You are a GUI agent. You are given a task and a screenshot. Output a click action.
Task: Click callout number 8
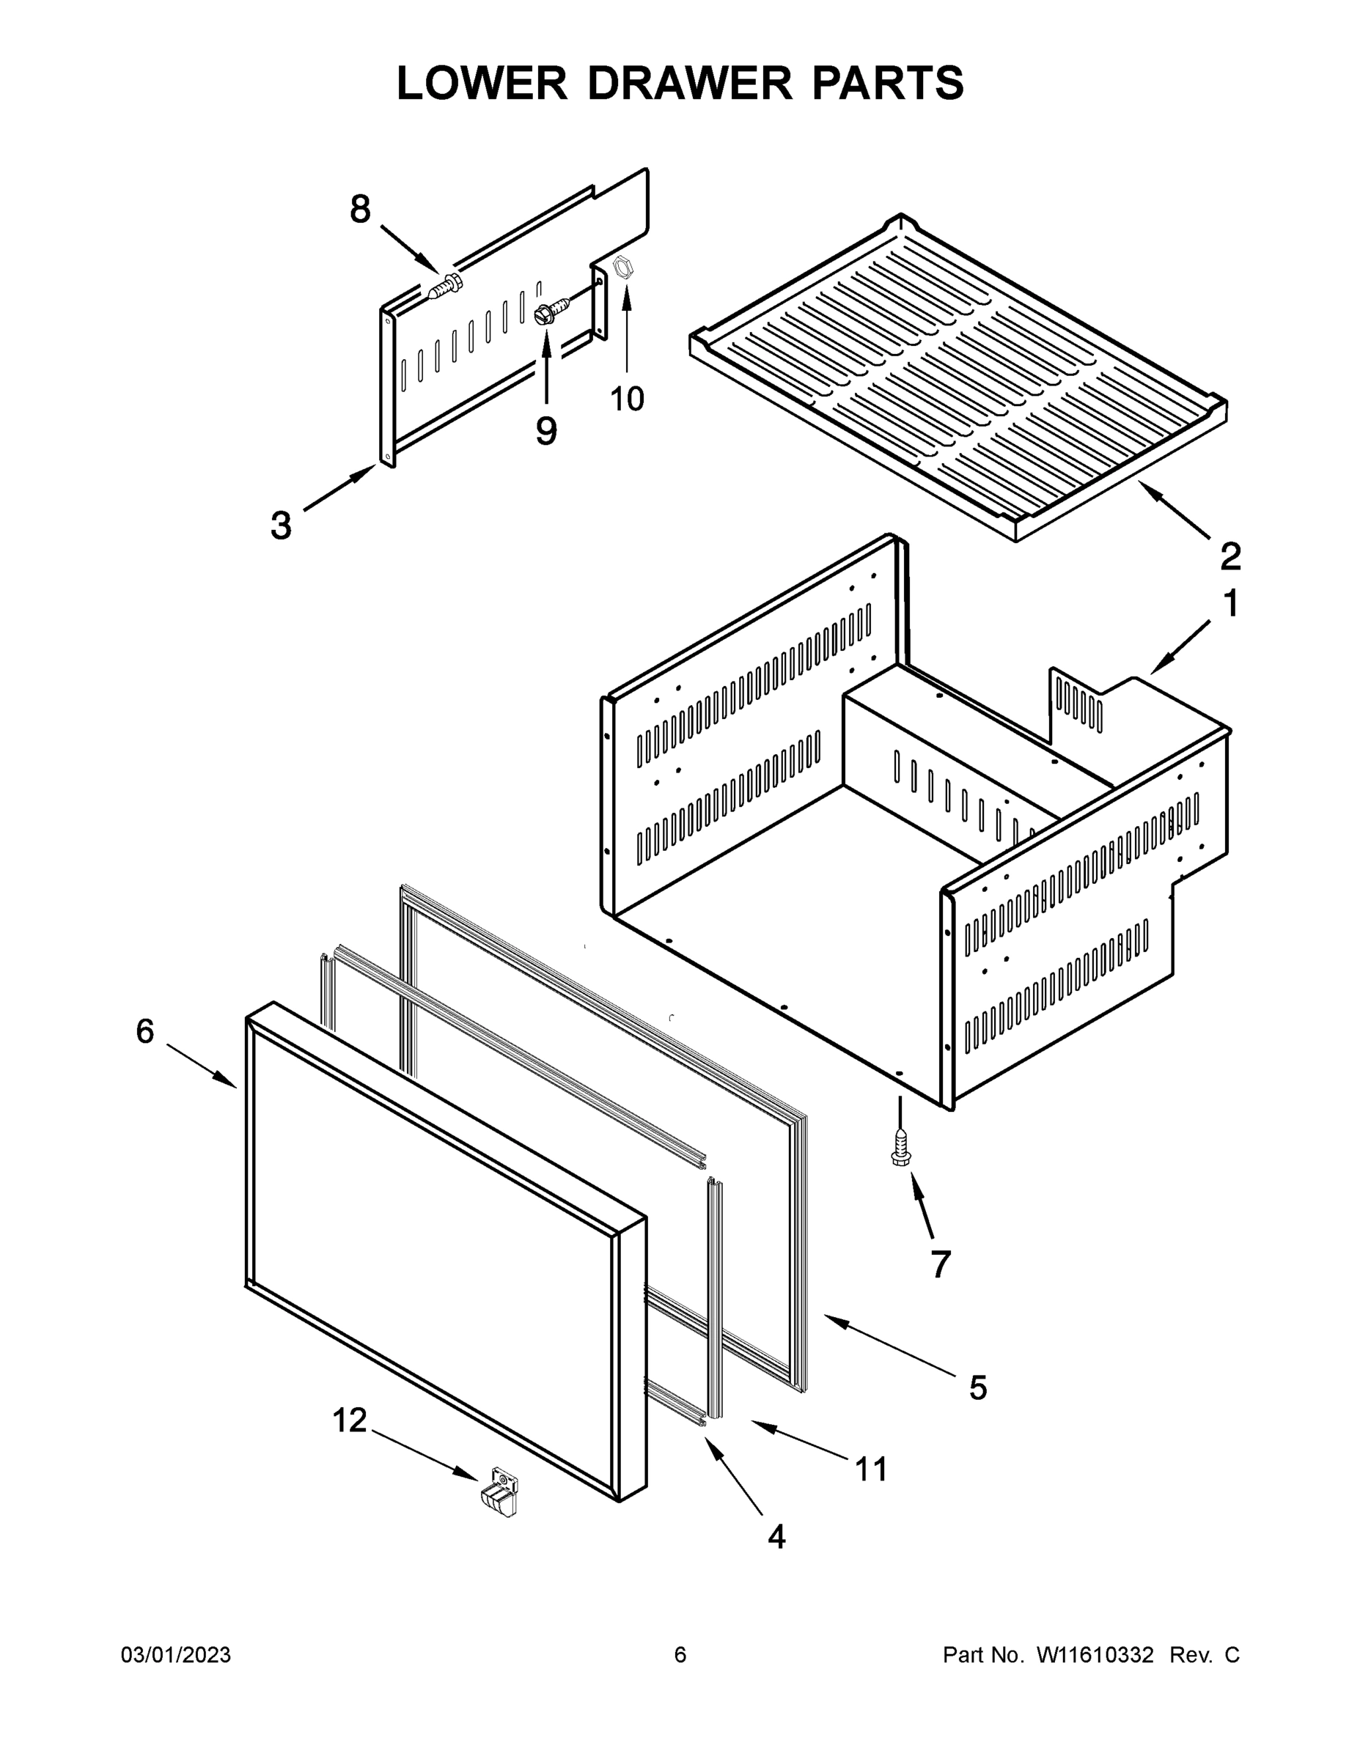click(x=360, y=210)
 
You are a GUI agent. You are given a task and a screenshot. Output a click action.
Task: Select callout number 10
click(x=627, y=399)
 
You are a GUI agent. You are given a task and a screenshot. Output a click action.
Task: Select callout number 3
click(x=280, y=527)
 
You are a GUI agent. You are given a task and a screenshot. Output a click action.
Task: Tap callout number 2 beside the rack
click(x=1230, y=556)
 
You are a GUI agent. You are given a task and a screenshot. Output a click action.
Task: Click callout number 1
click(x=1230, y=604)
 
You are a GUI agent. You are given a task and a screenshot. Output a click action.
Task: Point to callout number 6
click(x=145, y=1032)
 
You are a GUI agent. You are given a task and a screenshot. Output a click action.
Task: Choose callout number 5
click(x=977, y=1387)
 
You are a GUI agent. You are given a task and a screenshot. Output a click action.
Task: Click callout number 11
click(x=871, y=1469)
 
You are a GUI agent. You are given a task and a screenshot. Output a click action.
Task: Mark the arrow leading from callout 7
click(x=922, y=1206)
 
